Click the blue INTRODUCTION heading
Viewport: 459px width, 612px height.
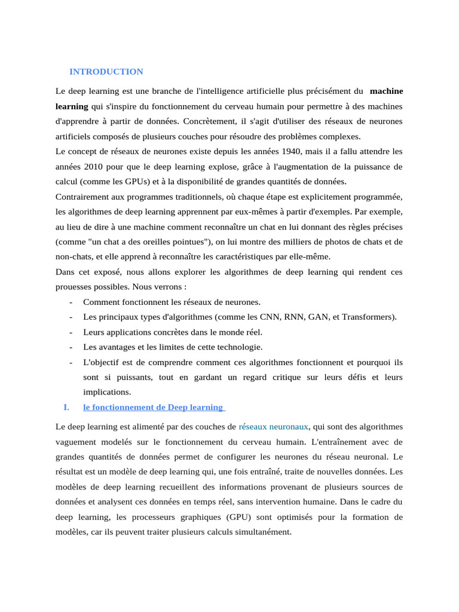point(106,72)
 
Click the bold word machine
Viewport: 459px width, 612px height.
point(386,91)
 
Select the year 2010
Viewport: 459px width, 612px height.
point(94,166)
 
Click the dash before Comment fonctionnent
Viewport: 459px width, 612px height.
point(71,302)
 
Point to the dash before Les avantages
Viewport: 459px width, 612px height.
point(71,347)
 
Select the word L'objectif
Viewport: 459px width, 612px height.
point(103,362)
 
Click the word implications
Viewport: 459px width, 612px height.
point(107,392)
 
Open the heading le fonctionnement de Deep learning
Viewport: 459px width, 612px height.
point(153,408)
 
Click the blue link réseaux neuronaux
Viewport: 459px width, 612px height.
point(273,427)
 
